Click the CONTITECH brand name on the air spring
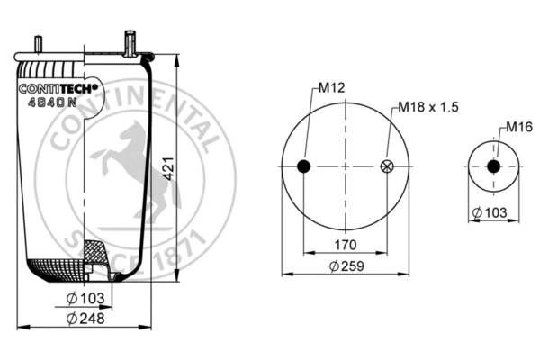pyautogui.click(x=58, y=88)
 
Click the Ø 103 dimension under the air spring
pyautogui.click(x=86, y=298)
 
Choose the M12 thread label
pyautogui.click(x=331, y=88)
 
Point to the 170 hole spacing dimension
pyautogui.click(x=346, y=244)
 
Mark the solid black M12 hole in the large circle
pyautogui.click(x=303, y=166)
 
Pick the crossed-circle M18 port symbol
pyautogui.click(x=388, y=166)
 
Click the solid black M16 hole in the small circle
pyautogui.click(x=492, y=166)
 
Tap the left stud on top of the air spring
pyautogui.click(x=41, y=42)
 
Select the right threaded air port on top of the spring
pyautogui.click(x=131, y=40)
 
